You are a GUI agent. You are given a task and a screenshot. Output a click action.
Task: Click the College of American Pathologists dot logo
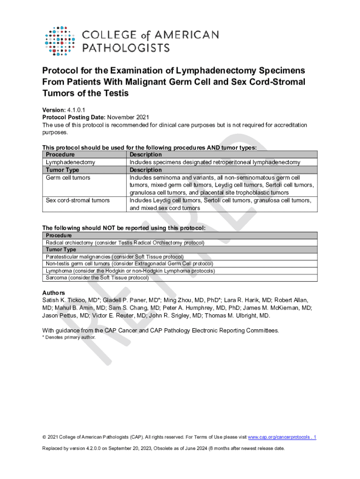pyautogui.click(x=60, y=41)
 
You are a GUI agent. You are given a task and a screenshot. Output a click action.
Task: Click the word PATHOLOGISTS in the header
pyautogui.click(x=126, y=47)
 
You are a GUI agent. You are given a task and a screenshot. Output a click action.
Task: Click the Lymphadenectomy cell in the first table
pyautogui.click(x=71, y=162)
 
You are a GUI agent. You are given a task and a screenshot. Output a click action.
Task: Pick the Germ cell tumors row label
pyautogui.click(x=68, y=178)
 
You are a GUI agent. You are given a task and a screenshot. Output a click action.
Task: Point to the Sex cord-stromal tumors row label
pyautogui.click(x=78, y=200)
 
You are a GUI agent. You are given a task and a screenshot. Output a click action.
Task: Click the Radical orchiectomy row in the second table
pyautogui.click(x=125, y=243)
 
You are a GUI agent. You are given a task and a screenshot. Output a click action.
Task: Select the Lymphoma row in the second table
pyautogui.click(x=130, y=270)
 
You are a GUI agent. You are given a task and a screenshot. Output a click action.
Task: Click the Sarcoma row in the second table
pyautogui.click(x=97, y=277)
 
